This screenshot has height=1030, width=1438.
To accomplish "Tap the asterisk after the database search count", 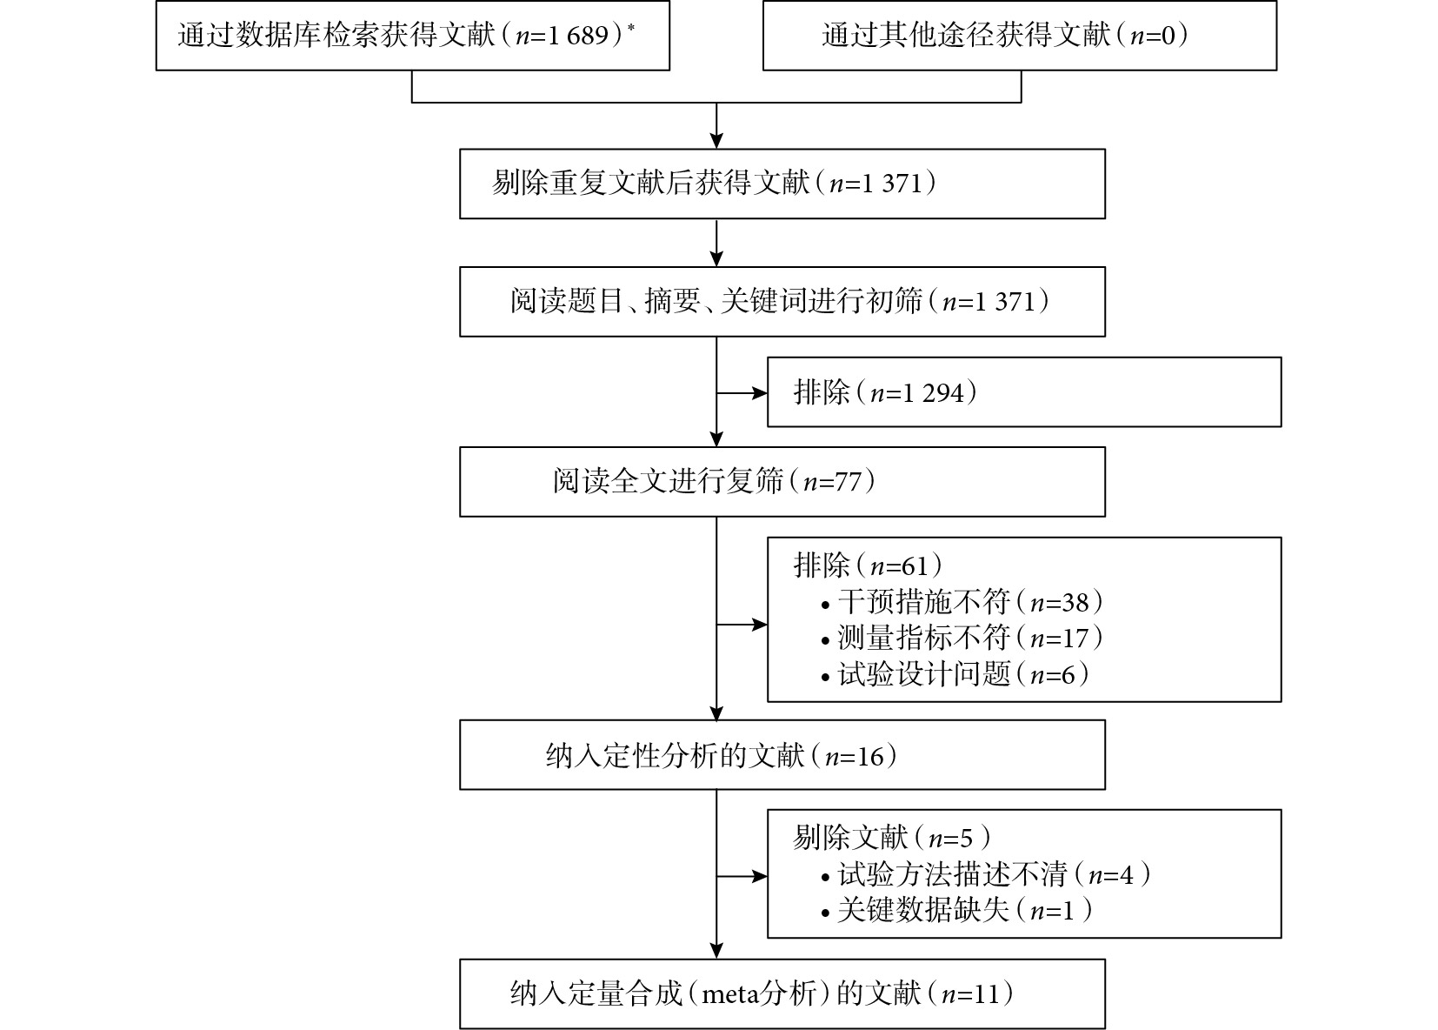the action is click(631, 28).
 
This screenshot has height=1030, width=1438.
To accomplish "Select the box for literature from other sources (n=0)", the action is click(1020, 36).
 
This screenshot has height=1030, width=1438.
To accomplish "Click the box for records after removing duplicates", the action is click(782, 184).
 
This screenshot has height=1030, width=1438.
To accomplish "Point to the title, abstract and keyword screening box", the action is click(782, 301).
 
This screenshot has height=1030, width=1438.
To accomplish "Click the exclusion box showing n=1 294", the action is click(1024, 392).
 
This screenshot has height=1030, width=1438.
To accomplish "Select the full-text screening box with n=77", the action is click(782, 481).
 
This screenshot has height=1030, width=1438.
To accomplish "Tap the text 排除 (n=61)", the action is click(868, 565).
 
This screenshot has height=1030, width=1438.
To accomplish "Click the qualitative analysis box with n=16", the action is click(782, 754).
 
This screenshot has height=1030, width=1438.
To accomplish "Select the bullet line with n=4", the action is click(985, 874).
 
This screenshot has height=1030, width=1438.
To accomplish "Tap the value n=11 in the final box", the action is click(970, 994).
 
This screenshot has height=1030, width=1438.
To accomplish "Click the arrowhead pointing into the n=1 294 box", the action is click(760, 392).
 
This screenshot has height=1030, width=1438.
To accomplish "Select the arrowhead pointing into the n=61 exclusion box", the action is click(760, 624).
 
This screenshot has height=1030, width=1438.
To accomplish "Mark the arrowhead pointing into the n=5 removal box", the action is click(760, 876).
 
